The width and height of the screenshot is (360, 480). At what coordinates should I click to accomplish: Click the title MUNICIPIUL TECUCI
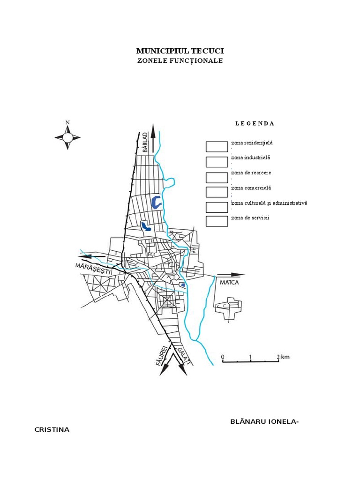click(180, 51)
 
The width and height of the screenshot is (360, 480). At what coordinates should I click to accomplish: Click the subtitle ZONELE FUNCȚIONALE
click(180, 61)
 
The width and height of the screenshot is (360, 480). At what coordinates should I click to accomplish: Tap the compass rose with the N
click(67, 136)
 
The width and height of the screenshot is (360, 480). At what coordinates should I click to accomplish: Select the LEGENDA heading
click(255, 124)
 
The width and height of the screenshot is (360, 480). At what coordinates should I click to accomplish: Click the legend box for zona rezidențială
click(217, 146)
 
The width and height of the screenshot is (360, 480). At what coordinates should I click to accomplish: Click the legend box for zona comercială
click(217, 192)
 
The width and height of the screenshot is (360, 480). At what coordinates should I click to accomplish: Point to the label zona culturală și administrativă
click(269, 203)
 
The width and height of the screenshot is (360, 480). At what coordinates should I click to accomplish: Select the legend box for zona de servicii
click(217, 221)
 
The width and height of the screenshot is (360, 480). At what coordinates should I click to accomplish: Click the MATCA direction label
click(230, 283)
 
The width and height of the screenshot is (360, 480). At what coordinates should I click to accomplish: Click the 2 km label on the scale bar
click(283, 357)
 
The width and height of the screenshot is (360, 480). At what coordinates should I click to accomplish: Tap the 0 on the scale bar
click(223, 357)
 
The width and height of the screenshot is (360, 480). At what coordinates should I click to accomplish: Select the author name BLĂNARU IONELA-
click(264, 421)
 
